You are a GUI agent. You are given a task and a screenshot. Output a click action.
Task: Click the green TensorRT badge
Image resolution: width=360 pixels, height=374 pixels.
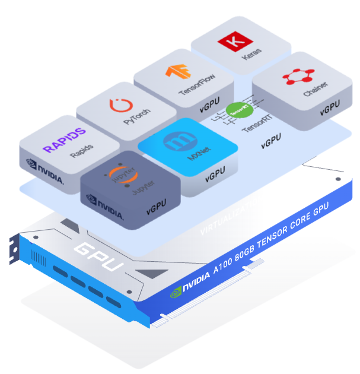click(x=240, y=110)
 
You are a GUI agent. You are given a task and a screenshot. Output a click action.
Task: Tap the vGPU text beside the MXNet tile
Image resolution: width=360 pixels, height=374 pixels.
click(x=215, y=177)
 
